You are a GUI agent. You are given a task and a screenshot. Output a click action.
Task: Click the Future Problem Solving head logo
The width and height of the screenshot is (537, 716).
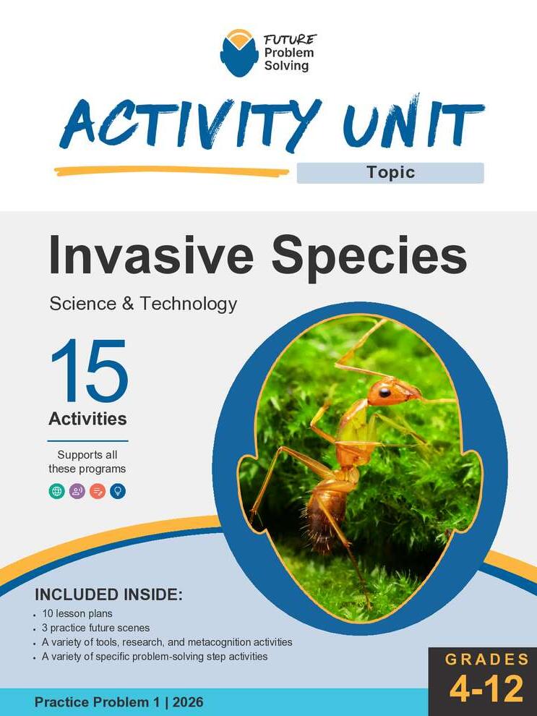[x=239, y=53]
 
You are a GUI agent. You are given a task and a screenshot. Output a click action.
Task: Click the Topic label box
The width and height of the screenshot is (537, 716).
[x=390, y=173]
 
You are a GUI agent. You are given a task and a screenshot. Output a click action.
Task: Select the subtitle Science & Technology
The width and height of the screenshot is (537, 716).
[x=143, y=303]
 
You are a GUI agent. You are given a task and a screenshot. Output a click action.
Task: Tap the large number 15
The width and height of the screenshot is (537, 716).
[x=88, y=372]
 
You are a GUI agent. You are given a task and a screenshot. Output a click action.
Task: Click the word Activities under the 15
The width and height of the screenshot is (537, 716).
[x=87, y=419]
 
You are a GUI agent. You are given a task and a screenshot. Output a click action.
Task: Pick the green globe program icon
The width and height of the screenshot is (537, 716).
[x=56, y=491]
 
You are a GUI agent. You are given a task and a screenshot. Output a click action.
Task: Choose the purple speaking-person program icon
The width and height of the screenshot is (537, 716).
[x=77, y=491]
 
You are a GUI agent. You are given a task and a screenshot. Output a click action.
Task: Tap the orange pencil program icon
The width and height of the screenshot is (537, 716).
[x=98, y=491]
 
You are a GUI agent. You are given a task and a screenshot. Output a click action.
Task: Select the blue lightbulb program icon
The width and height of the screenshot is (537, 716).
[x=118, y=491]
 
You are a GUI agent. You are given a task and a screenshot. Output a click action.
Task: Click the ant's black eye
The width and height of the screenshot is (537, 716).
[x=384, y=391]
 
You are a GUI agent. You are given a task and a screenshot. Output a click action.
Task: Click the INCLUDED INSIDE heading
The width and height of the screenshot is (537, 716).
[x=108, y=595]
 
